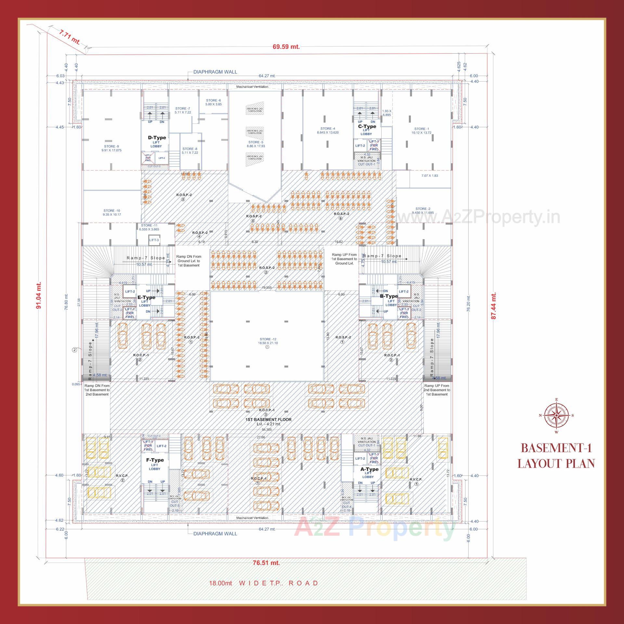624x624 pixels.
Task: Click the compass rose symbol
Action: pos(556,415)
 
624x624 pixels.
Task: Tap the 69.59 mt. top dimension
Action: pos(286,47)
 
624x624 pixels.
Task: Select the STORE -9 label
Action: pos(111,149)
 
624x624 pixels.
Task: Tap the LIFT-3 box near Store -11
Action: pos(154,240)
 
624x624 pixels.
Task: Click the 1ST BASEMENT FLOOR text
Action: pos(268,420)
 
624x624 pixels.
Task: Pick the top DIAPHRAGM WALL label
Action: pos(215,72)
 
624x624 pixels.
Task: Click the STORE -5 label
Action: pos(256,144)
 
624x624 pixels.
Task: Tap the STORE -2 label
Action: pos(423,211)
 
